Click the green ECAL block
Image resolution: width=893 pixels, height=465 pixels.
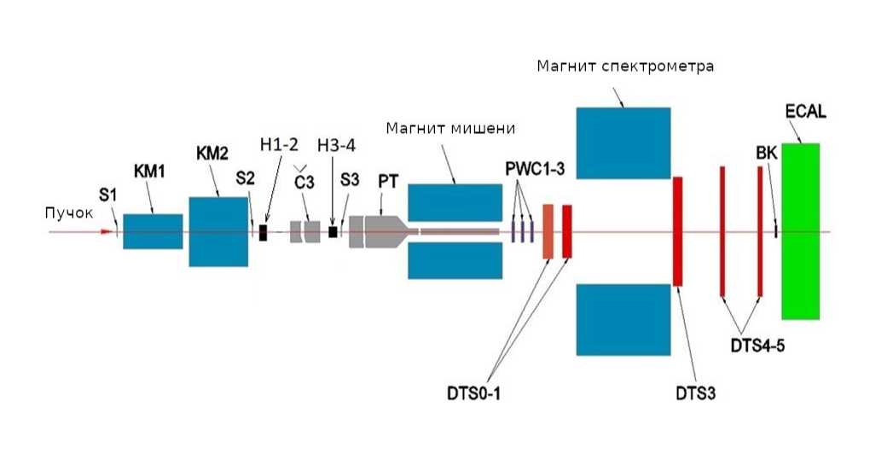point(800,230)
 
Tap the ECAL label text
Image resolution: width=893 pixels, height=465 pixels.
point(806,112)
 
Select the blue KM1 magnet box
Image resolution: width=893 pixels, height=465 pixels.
point(153,231)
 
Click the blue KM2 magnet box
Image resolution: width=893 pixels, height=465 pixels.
point(217,231)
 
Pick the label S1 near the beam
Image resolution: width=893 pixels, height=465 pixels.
point(107,195)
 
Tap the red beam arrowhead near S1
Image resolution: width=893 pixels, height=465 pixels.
point(107,231)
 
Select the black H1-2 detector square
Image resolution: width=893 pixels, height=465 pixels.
point(264,231)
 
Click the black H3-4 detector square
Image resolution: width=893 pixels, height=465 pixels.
point(333,231)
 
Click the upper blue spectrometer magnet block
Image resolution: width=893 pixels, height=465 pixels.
point(623,143)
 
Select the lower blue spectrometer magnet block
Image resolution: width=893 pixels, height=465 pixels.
point(623,319)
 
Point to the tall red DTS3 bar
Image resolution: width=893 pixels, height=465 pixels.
point(678,231)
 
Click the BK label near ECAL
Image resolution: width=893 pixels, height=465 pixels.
point(767,154)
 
